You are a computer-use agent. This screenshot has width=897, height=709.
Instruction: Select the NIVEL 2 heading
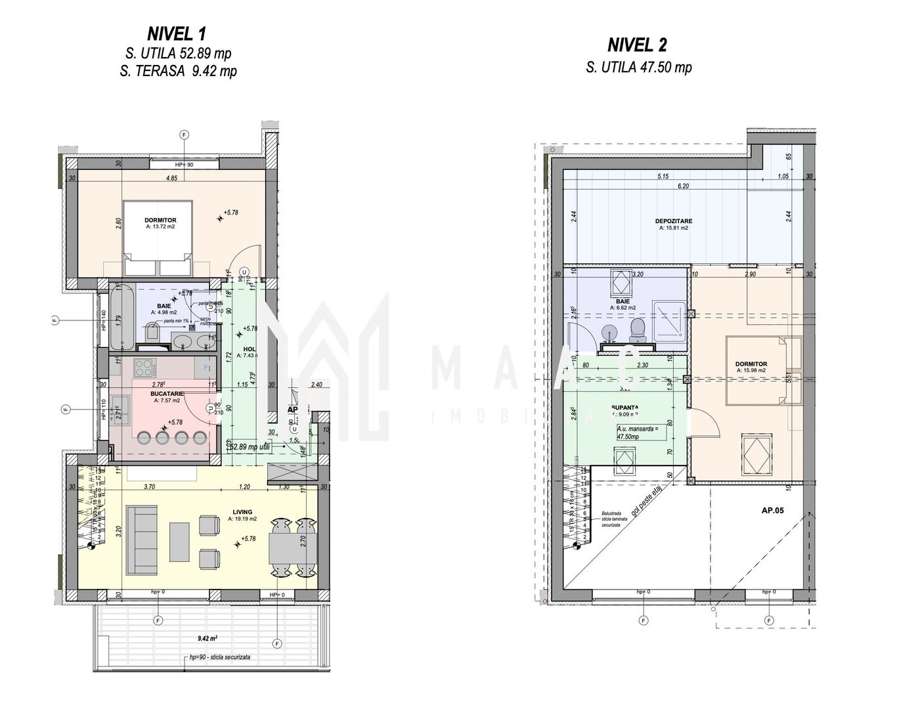pyautogui.click(x=637, y=45)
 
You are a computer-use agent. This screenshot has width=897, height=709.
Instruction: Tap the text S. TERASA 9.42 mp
pyautogui.click(x=179, y=72)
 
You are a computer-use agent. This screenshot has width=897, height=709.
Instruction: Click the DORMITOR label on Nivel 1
pyautogui.click(x=160, y=221)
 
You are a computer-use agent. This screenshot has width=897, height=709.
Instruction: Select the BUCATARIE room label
pyautogui.click(x=166, y=393)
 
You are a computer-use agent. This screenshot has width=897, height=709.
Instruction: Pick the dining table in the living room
pyautogui.click(x=292, y=547)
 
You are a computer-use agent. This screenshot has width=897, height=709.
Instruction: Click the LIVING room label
pyautogui.click(x=242, y=511)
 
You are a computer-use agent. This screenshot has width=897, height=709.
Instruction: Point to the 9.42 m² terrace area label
pyautogui.click(x=208, y=636)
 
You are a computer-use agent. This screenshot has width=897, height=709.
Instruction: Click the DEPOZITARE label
pyautogui.click(x=674, y=221)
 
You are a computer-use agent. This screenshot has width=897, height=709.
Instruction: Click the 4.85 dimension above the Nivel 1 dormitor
pyautogui.click(x=172, y=178)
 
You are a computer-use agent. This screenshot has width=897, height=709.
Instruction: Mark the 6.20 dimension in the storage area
pyautogui.click(x=684, y=186)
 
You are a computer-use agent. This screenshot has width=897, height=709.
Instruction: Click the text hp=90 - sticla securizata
pyautogui.click(x=219, y=656)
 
